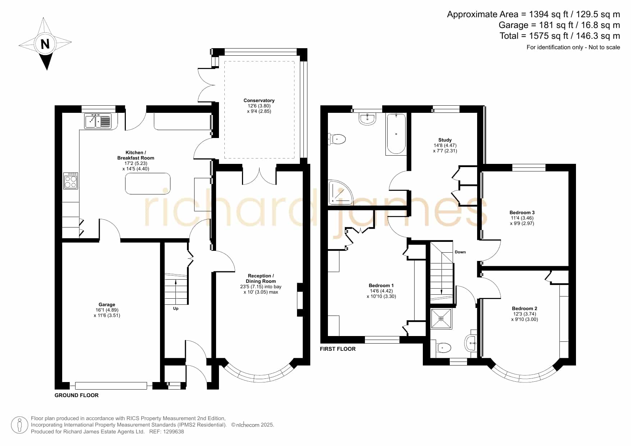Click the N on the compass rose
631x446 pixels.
coord(45,44)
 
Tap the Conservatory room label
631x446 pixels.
coord(259,101)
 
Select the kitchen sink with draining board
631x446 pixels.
coord(98,121)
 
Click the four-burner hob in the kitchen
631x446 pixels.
coord(71,181)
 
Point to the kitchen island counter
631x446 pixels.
coord(148,184)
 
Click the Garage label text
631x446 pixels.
coord(107,305)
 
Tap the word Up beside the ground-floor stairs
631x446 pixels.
coord(176,309)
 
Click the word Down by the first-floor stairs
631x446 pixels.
coord(460,252)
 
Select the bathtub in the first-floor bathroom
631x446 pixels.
coord(396,134)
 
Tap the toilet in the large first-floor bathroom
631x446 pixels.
coord(337,139)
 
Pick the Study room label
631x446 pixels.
coord(445,140)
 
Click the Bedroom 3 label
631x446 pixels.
coord(522,213)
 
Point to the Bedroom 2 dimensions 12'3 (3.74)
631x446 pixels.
coord(525,314)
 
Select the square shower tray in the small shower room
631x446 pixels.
coord(441,318)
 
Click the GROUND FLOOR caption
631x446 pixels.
coord(77,395)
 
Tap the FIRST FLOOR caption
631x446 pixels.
coord(338,349)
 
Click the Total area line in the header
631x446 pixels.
coord(560,36)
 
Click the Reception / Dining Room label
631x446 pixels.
coord(261,279)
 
